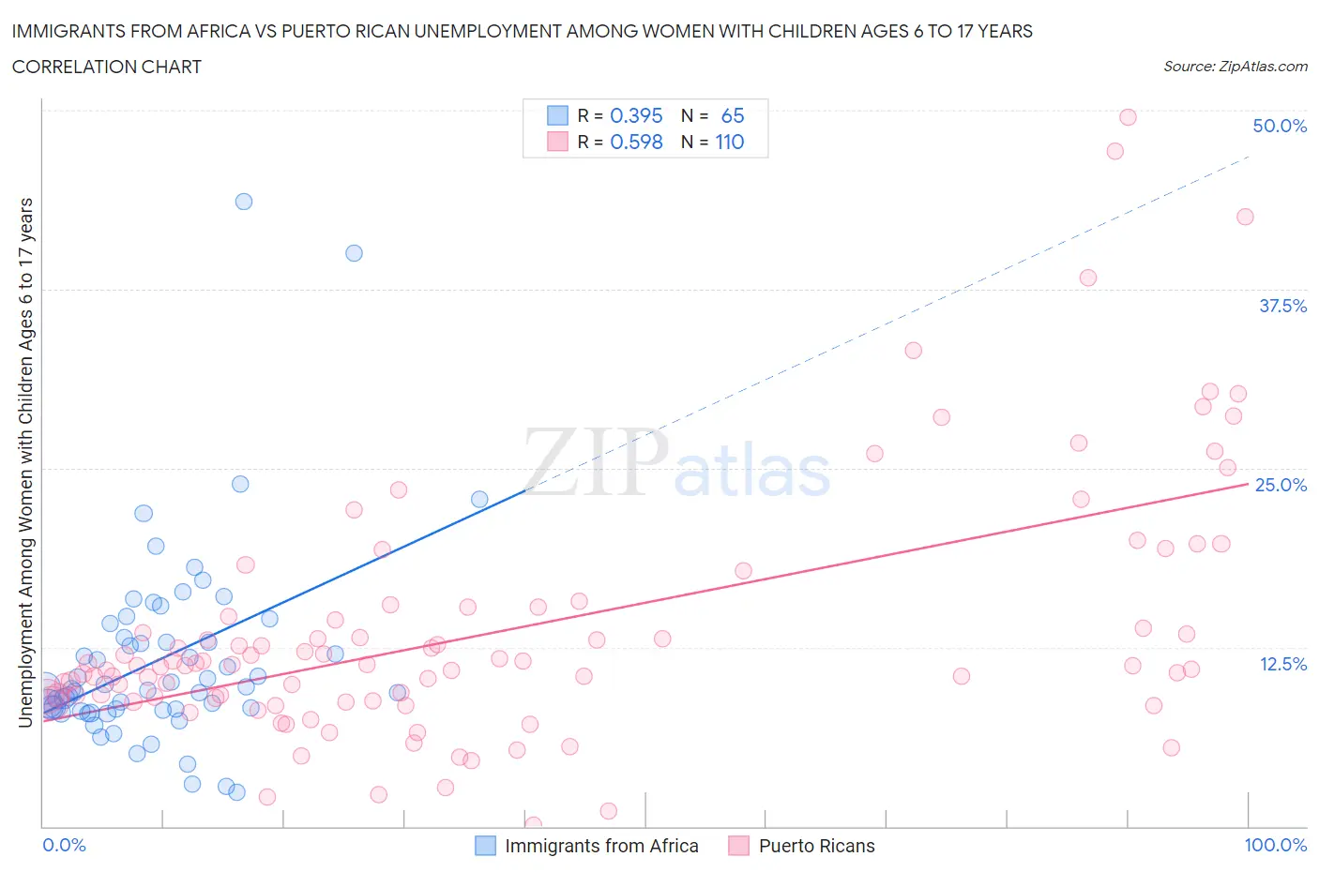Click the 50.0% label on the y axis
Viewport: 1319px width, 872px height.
1280,126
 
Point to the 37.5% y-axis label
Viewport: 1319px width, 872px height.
1282,306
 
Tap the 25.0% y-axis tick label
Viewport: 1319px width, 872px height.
1281,485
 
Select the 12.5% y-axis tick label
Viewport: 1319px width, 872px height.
1282,664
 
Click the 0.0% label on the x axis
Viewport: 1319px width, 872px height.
64,845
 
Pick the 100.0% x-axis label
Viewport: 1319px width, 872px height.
1275,845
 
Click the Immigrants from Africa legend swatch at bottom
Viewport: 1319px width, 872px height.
485,846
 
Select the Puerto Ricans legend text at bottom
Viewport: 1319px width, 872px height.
816,846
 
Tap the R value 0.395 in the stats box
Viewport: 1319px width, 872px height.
636,115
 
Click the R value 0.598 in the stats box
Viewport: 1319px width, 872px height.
636,142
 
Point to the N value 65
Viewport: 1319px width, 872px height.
732,115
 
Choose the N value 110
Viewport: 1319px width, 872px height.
729,142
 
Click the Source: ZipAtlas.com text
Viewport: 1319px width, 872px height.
1235,67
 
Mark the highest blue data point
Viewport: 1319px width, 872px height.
244,202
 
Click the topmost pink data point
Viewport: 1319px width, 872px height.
1128,117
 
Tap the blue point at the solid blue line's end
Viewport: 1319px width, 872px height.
479,500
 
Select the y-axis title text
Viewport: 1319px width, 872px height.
25,463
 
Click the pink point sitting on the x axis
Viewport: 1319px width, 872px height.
533,825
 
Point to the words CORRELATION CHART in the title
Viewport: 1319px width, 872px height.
106,67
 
